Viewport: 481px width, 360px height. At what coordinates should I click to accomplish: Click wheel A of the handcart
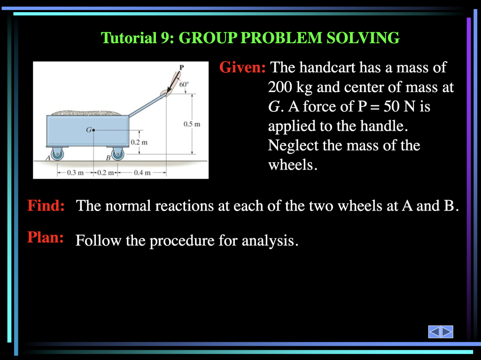pyautogui.click(x=57, y=154)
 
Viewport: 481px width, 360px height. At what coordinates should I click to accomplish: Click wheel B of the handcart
pyautogui.click(x=118, y=154)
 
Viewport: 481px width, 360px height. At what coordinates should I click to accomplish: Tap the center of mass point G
pyautogui.click(x=93, y=130)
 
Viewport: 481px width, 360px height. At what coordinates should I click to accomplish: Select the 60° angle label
pyautogui.click(x=184, y=85)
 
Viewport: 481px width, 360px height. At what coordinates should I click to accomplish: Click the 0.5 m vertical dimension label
pyautogui.click(x=192, y=124)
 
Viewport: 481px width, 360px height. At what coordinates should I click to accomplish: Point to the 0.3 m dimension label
pyautogui.click(x=75, y=172)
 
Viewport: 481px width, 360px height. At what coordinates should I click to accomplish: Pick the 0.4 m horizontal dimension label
pyautogui.click(x=142, y=172)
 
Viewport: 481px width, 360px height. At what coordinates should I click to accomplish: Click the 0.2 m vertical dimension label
pyautogui.click(x=139, y=142)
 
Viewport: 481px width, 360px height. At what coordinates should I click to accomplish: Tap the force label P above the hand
pyautogui.click(x=182, y=67)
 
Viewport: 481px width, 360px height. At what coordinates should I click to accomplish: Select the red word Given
pyautogui.click(x=242, y=67)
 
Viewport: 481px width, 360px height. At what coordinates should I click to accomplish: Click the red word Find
pyautogui.click(x=46, y=205)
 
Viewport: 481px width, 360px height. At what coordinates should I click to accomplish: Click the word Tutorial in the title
pyautogui.click(x=129, y=38)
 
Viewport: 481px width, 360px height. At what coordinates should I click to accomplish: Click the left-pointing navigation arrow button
pyautogui.click(x=434, y=332)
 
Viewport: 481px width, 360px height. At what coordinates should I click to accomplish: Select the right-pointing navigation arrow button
pyautogui.click(x=447, y=332)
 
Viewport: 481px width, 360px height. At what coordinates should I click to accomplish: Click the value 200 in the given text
pyautogui.click(x=280, y=87)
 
